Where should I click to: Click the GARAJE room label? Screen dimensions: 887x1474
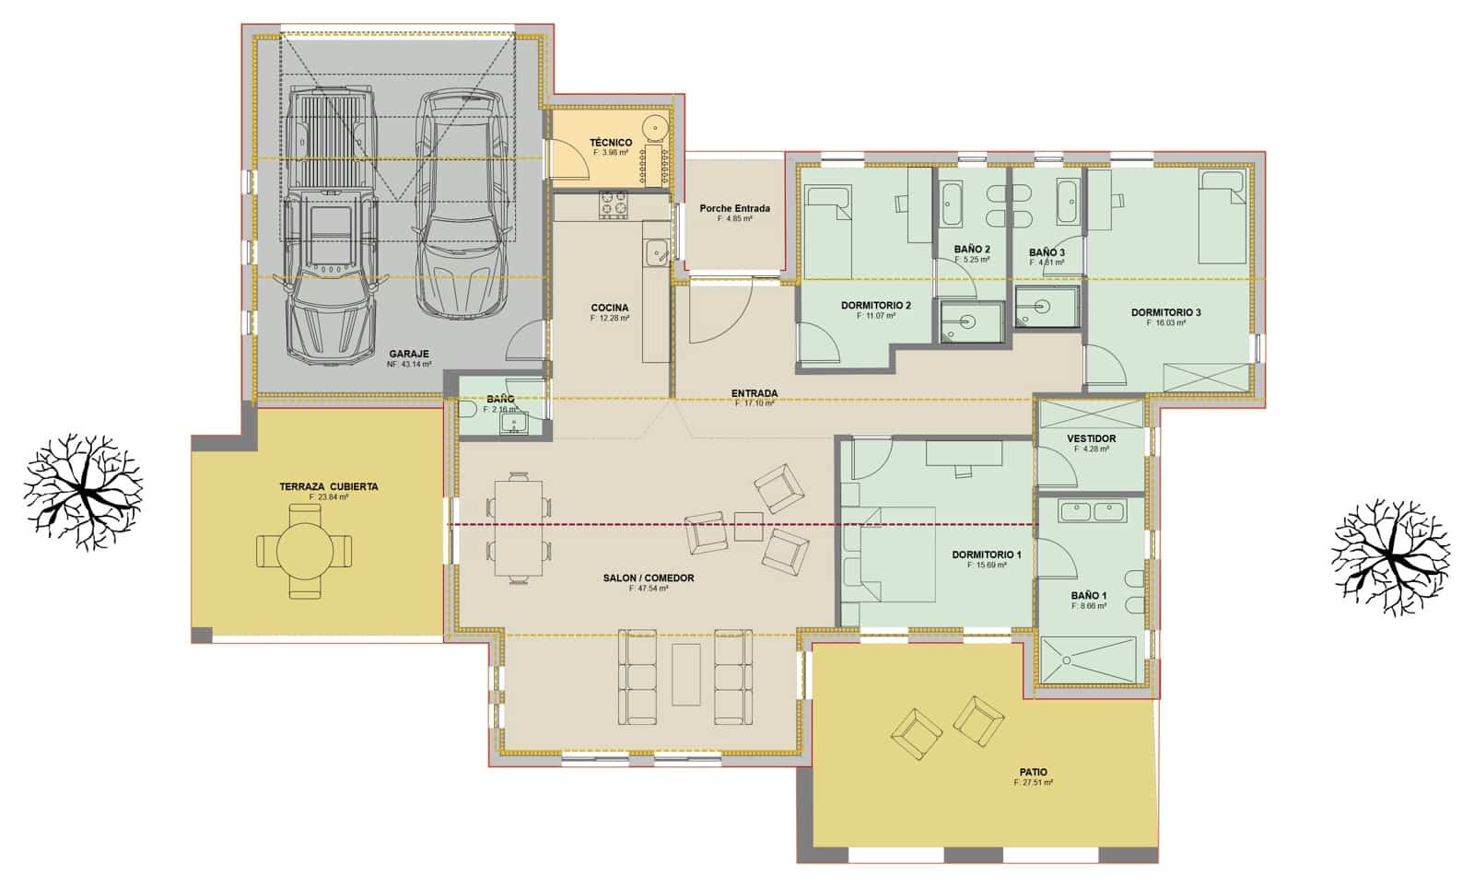[409, 354]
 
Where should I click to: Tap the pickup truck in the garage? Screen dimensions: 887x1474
[332, 226]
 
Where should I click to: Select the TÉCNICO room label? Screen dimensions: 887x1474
[610, 143]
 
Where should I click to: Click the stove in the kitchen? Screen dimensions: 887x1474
[614, 204]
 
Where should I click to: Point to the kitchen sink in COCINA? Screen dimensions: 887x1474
[656, 250]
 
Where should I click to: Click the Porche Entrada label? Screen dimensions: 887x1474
[734, 209]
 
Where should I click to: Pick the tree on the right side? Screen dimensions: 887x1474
[1391, 558]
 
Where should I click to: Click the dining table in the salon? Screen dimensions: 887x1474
[519, 527]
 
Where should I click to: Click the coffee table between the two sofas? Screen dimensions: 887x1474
[685, 674]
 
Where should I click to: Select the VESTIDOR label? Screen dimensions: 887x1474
[1092, 439]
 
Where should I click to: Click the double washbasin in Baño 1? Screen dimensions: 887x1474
[1093, 511]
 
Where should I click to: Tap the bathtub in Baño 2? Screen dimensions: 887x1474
[953, 204]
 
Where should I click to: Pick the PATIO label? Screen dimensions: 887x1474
[1033, 773]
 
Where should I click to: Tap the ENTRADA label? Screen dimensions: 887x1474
[755, 393]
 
